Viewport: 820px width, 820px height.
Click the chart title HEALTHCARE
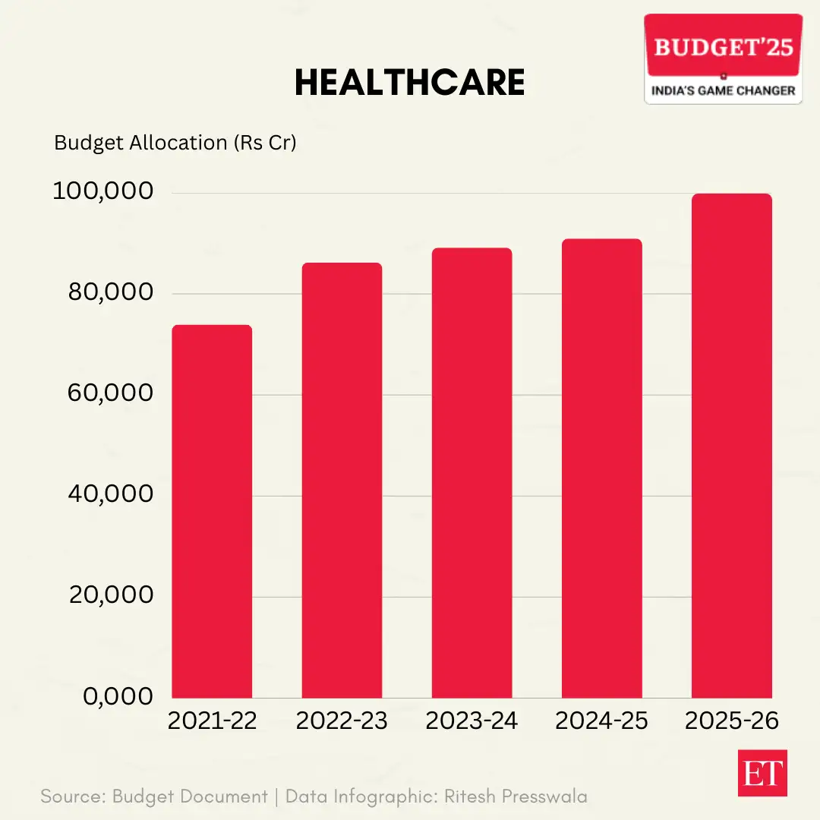409,83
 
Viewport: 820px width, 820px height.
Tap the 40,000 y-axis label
111,494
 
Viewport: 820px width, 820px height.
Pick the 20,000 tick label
111,595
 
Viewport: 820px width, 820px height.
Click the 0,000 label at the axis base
118,696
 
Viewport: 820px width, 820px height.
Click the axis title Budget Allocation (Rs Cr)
175,143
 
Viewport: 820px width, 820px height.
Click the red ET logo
762,773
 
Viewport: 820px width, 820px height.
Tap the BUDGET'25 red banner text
723,47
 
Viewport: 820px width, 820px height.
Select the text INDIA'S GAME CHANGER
723,91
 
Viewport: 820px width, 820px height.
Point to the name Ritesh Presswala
516,796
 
